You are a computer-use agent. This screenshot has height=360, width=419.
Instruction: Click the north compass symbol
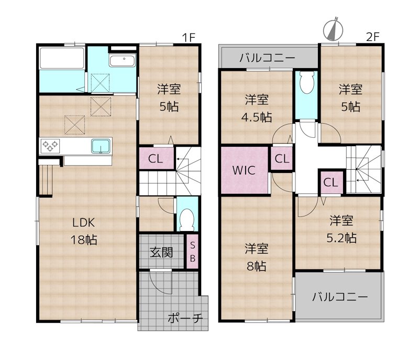(333, 30)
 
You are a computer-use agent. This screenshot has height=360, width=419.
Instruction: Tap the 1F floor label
(189, 38)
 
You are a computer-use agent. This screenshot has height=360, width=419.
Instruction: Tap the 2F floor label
(372, 37)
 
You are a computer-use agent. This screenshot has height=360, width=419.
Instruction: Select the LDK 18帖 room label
(84, 231)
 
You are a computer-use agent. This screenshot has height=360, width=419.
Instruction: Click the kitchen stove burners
(50, 146)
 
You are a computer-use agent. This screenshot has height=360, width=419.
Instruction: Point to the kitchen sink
(101, 146)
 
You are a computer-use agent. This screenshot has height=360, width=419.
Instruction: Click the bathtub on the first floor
(61, 58)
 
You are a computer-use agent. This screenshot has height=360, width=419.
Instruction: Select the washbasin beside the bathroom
(123, 60)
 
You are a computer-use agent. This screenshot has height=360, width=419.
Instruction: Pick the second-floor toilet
(306, 83)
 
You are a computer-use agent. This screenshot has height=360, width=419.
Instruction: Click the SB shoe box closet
(192, 252)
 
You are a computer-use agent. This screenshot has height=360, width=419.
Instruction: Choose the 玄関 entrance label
(161, 252)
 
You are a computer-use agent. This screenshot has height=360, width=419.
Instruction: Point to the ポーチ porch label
(185, 318)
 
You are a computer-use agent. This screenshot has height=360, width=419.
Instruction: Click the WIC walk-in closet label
(244, 170)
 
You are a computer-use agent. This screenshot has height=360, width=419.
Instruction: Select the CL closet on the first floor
(156, 159)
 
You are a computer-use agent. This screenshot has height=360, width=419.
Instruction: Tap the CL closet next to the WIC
(282, 159)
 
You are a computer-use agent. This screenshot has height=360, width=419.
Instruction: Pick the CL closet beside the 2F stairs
(331, 182)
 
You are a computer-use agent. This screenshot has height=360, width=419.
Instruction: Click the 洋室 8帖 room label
(256, 257)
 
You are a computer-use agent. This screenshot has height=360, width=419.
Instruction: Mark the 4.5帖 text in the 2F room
(257, 117)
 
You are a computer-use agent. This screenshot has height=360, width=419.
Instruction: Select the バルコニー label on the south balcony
(340, 297)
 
